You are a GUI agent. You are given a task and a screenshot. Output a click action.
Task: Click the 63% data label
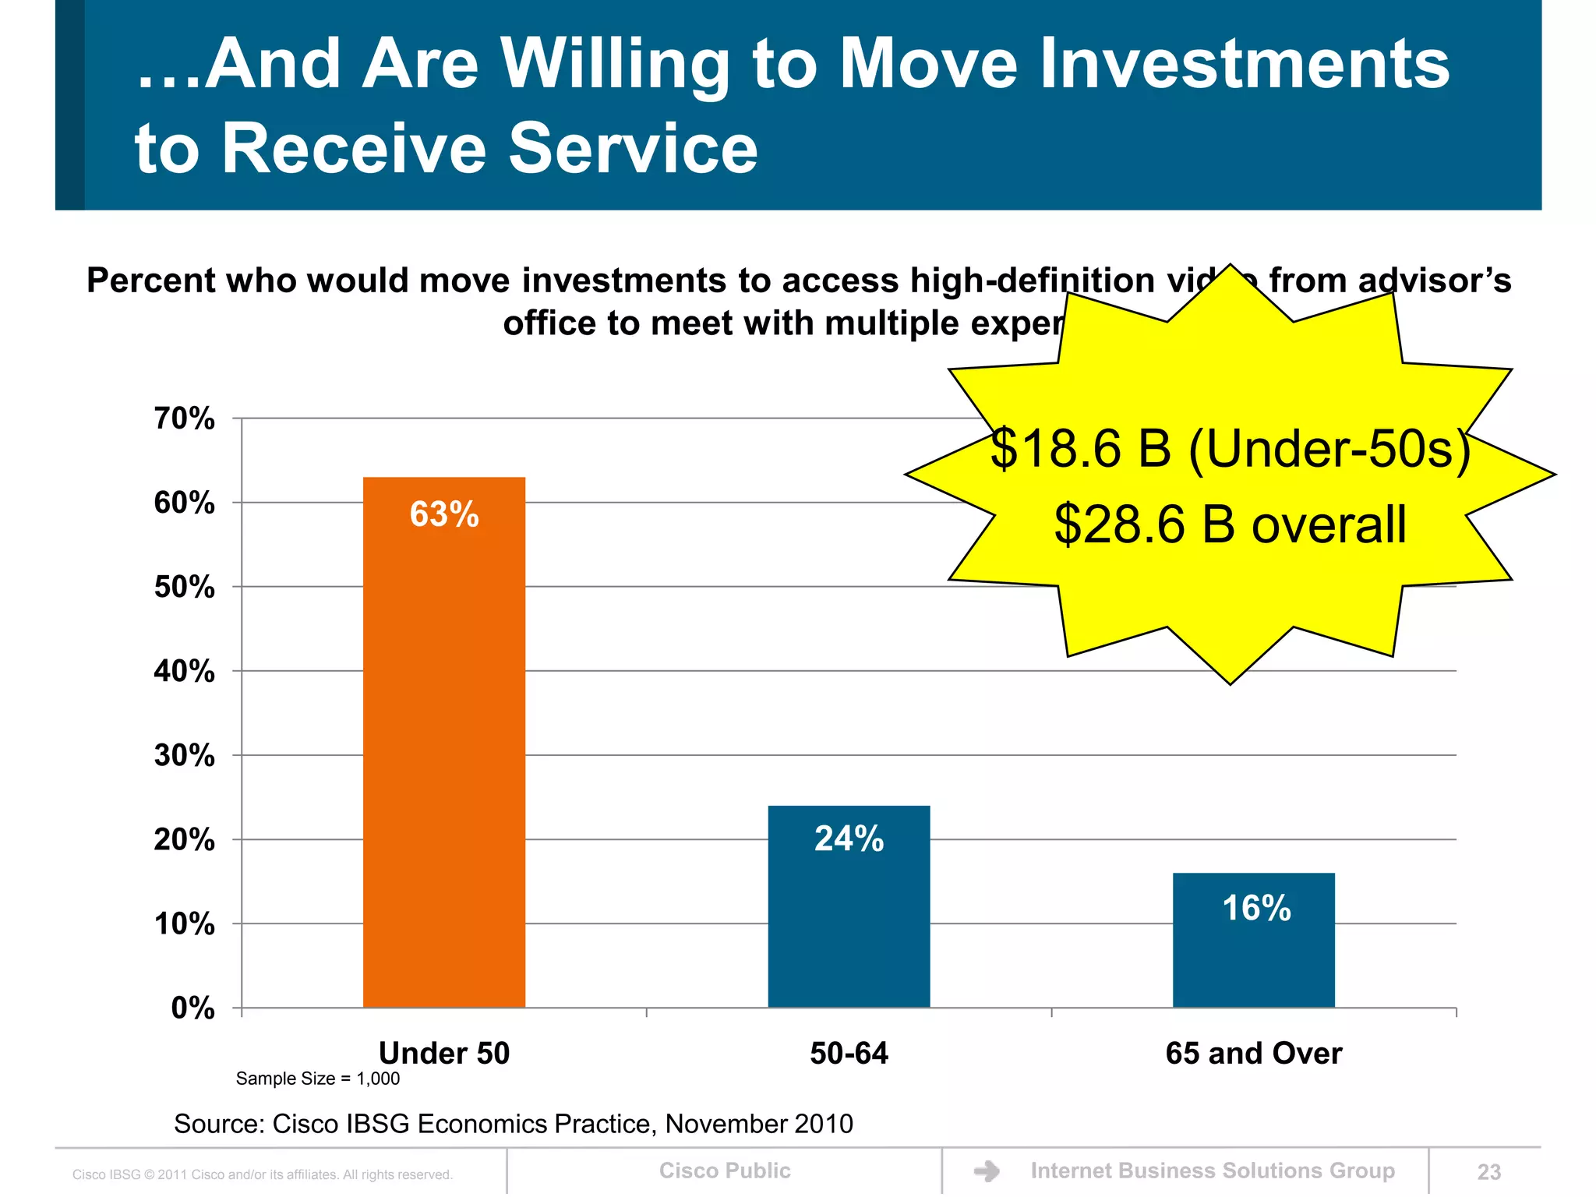pos(444,514)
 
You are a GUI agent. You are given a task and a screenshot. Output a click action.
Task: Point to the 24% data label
pos(849,839)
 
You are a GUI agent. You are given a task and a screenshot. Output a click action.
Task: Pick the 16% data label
pos(1255,908)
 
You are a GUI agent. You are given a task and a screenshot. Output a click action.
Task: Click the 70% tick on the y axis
pos(184,419)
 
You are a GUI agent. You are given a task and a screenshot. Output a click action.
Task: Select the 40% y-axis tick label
pos(184,671)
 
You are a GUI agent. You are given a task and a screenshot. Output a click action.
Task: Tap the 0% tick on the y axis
pos(192,1008)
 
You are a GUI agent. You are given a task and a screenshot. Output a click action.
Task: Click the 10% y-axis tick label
pos(184,924)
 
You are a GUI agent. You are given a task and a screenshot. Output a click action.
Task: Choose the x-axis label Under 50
pos(443,1054)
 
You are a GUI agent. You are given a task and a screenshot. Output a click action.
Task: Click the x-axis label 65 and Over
pos(1253,1054)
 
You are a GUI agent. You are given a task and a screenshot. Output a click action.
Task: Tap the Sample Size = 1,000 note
pos(317,1079)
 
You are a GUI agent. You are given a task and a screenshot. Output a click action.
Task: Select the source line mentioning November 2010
pos(513,1124)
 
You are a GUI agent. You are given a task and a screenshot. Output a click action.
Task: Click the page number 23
pos(1488,1172)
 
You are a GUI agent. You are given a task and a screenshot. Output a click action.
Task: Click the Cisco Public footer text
pos(724,1171)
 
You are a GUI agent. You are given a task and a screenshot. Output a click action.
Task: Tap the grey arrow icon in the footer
pos(987,1171)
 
